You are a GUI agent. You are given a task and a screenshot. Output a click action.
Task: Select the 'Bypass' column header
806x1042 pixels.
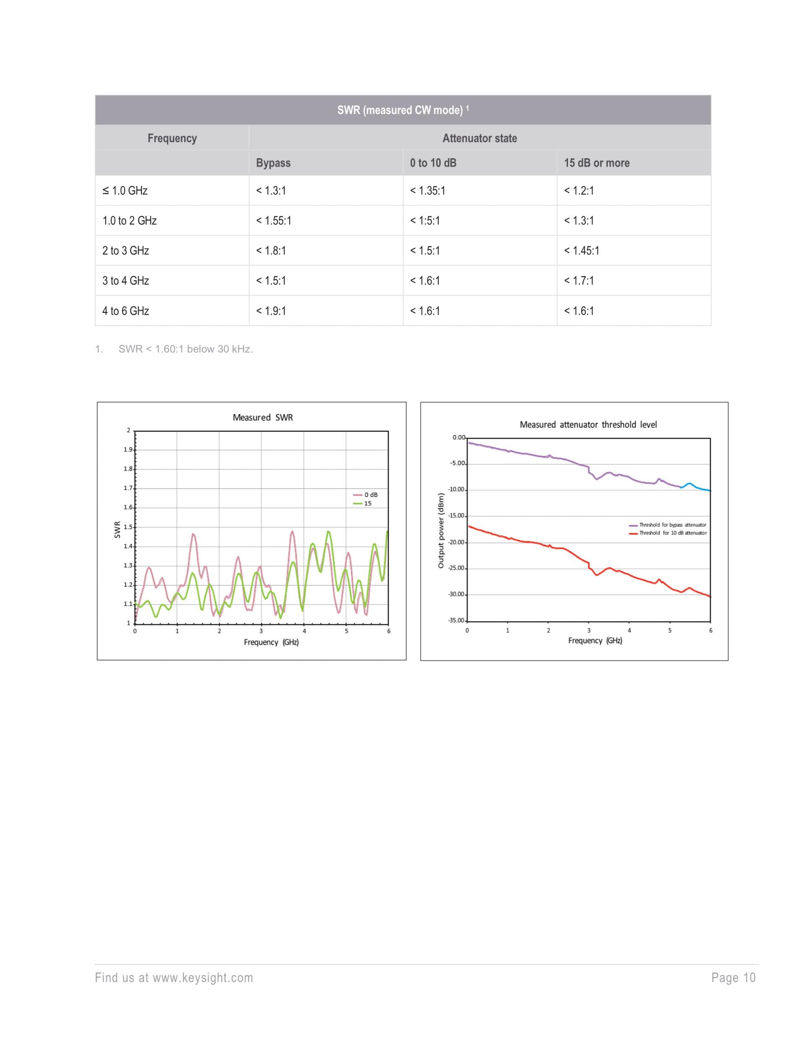(273, 163)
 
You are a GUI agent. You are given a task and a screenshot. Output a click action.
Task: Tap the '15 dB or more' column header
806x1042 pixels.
(597, 163)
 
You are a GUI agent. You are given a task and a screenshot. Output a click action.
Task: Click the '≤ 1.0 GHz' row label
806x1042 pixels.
(125, 191)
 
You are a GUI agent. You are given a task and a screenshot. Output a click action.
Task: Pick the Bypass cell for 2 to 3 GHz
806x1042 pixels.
(271, 250)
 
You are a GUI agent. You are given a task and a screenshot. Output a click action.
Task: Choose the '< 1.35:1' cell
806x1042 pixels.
(427, 191)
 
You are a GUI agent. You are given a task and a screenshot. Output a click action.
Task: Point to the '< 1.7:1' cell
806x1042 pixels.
(579, 281)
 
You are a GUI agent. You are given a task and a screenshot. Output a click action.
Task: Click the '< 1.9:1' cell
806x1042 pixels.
(271, 311)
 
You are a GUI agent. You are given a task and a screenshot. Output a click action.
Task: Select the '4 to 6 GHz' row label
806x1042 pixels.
(126, 311)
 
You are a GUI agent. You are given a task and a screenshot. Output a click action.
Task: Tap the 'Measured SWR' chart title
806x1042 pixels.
(263, 417)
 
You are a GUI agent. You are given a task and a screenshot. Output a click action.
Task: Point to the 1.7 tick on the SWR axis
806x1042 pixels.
(128, 488)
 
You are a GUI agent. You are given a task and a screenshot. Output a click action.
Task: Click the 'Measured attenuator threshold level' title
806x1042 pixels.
(588, 425)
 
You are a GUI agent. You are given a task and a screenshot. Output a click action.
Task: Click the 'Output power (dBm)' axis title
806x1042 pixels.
(441, 531)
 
